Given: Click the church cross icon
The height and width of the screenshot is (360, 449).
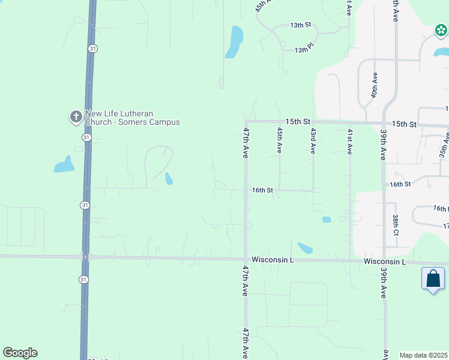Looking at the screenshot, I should (x=76, y=117).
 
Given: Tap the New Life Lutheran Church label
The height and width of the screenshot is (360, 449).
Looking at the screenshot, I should (x=132, y=118).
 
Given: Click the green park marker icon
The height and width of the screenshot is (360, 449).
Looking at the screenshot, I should (x=441, y=30).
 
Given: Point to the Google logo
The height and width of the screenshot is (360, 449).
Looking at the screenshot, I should (x=20, y=353).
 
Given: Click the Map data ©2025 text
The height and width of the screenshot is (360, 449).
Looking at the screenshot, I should (x=423, y=355).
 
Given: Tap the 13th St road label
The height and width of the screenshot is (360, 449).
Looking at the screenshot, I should (x=300, y=25).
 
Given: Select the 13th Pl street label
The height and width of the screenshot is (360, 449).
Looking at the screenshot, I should (x=304, y=50).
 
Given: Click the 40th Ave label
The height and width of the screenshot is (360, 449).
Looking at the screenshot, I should (x=374, y=86).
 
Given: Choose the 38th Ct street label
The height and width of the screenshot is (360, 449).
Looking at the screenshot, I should (x=396, y=224).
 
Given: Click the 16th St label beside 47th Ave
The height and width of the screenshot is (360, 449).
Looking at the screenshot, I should (x=262, y=190).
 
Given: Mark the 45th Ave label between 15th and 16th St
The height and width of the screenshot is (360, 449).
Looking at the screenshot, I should (x=279, y=139).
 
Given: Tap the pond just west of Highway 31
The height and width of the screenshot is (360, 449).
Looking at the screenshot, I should (x=64, y=164).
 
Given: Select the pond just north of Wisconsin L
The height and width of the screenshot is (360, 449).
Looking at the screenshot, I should (x=305, y=248).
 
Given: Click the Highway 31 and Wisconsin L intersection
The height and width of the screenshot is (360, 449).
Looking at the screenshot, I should (x=85, y=257).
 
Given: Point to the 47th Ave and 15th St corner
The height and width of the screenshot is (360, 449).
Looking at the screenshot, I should (x=246, y=122).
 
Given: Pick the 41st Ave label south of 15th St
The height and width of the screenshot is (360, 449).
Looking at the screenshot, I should (x=349, y=141).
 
